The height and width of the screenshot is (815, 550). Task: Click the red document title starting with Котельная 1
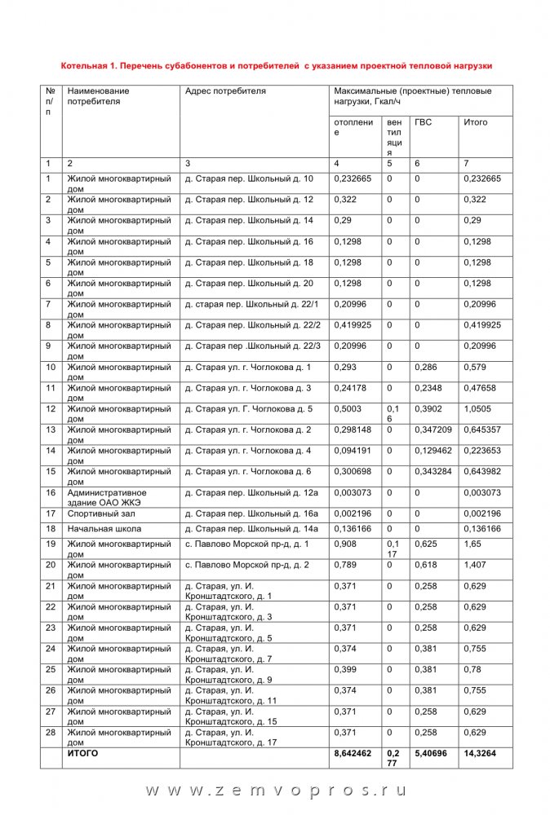click(x=277, y=64)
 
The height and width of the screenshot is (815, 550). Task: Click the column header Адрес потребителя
click(x=225, y=91)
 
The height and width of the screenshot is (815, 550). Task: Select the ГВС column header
click(x=424, y=122)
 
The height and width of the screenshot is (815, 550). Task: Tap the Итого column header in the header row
click(x=476, y=122)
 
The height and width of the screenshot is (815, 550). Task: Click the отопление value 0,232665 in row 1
click(x=353, y=178)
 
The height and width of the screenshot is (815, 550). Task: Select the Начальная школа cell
click(x=104, y=529)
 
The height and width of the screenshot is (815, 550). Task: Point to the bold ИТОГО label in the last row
click(x=82, y=754)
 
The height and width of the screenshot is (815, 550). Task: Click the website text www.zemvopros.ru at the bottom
click(x=276, y=791)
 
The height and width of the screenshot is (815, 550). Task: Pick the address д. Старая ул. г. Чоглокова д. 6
click(x=248, y=472)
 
